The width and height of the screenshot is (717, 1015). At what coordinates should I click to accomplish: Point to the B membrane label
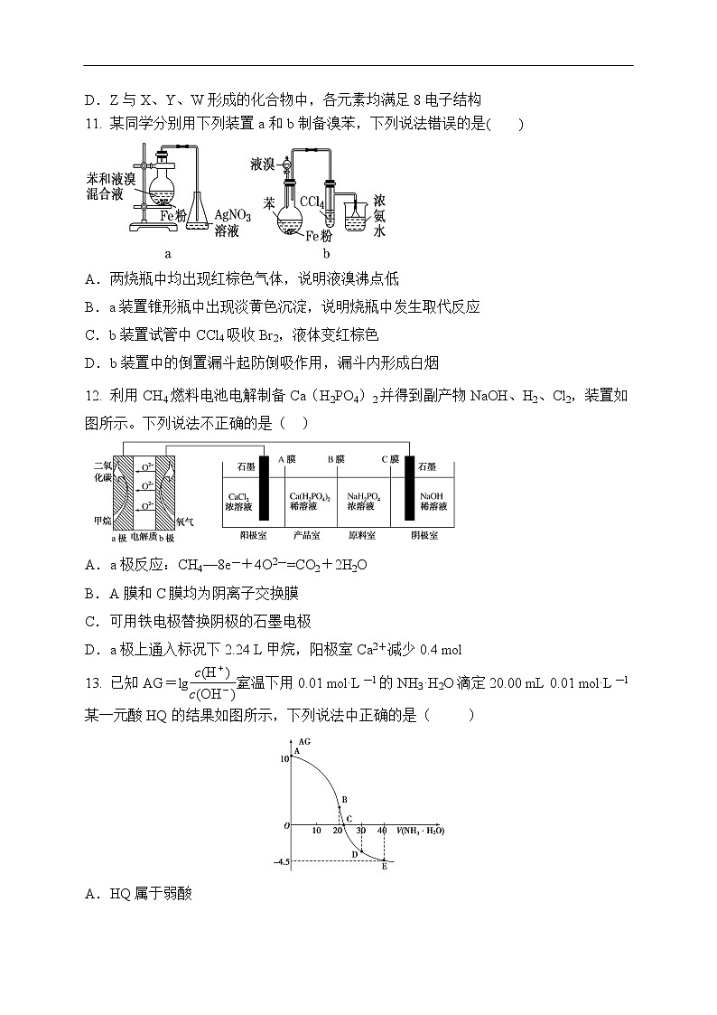point(336,459)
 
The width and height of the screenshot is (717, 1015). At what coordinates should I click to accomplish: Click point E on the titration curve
point(384,861)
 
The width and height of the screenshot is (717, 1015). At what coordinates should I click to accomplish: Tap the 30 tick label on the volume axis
point(361,830)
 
